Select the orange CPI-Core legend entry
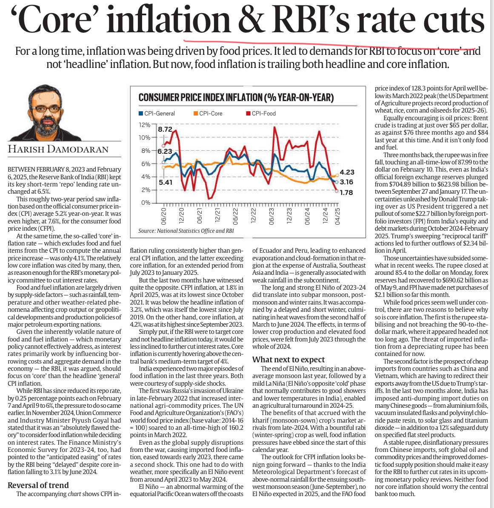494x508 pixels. (x=208, y=113)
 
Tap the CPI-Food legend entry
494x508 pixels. (x=261, y=113)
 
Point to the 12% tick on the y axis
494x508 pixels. (x=145, y=125)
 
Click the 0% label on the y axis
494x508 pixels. (x=146, y=203)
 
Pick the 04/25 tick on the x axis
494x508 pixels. (x=337, y=217)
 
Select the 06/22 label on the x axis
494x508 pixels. (x=235, y=217)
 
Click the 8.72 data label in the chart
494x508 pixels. (x=165, y=129)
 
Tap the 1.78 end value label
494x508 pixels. (x=346, y=192)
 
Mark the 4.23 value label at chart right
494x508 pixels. (x=347, y=172)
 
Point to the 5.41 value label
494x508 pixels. (x=166, y=182)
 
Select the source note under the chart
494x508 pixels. (x=186, y=231)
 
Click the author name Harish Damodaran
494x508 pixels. (x=58, y=149)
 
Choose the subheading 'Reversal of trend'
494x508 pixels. (x=38, y=485)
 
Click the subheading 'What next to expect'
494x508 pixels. (x=288, y=360)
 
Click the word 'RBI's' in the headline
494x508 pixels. (x=314, y=20)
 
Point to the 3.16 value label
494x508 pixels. (x=346, y=182)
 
